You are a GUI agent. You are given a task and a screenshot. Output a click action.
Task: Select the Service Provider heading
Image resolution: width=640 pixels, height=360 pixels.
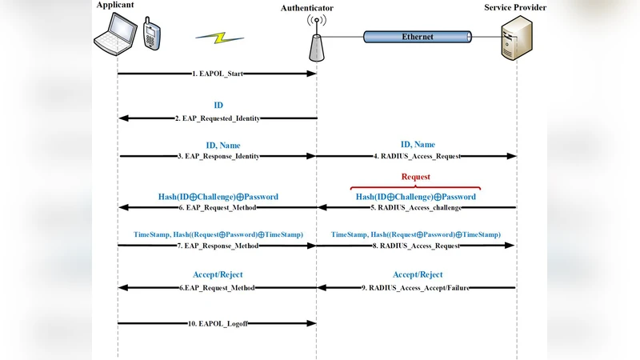[x=516, y=7]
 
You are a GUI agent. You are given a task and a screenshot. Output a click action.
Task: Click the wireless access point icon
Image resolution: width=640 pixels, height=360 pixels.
[x=317, y=42]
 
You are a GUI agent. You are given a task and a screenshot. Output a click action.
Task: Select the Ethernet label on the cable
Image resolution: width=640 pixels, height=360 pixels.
[x=418, y=37]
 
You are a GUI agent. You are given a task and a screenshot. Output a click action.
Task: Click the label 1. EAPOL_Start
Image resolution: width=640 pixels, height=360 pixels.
[x=218, y=74]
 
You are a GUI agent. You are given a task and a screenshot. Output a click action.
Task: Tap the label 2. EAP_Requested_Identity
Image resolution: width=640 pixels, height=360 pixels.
[x=218, y=118]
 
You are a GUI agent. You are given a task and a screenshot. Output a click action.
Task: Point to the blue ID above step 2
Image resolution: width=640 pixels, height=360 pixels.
[x=218, y=105]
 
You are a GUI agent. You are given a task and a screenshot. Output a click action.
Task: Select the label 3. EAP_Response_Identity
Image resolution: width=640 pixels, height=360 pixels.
[x=218, y=157]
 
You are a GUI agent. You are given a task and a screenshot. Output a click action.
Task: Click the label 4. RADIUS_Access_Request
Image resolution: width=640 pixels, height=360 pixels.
[x=417, y=157]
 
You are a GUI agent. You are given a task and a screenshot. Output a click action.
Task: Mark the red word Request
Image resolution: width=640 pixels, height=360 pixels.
[x=415, y=177]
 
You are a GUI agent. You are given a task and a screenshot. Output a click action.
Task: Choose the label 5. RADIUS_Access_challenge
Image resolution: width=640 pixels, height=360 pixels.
[x=417, y=208]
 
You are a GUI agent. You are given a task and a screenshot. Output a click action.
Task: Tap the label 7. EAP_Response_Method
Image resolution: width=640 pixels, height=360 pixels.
[x=218, y=246]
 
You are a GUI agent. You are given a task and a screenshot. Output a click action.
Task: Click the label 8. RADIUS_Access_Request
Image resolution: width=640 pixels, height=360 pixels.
[x=417, y=246]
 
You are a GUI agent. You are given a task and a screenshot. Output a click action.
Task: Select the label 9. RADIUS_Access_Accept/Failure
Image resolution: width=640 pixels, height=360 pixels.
[x=417, y=286]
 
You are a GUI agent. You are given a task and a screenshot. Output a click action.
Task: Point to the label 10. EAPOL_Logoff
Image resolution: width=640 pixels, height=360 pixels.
[x=218, y=323]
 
